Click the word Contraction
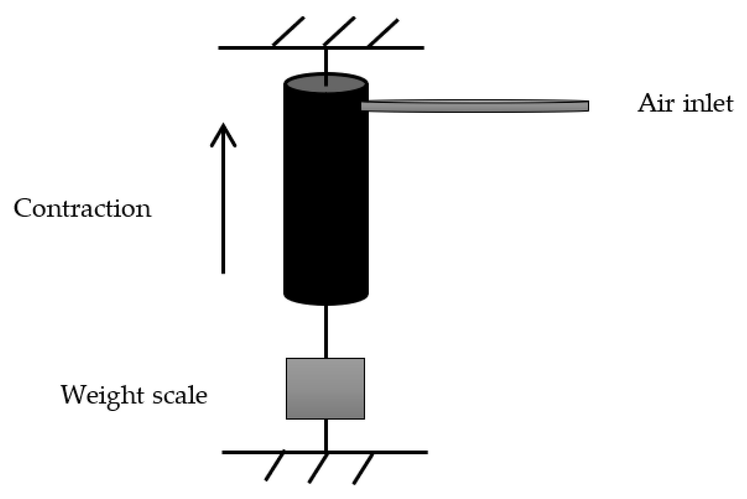pyautogui.click(x=82, y=209)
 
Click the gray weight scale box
pyautogui.click(x=325, y=388)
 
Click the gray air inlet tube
pyautogui.click(x=474, y=106)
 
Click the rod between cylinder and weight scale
pyautogui.click(x=326, y=331)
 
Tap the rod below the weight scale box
pyautogui.click(x=326, y=435)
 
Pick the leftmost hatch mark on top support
pyautogui.click(x=288, y=31)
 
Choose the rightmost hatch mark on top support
pyautogui.click(x=383, y=32)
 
